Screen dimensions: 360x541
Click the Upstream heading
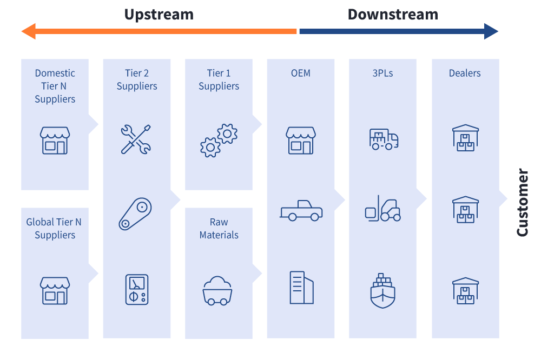(x=159, y=15)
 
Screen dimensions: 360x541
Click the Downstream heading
(x=393, y=15)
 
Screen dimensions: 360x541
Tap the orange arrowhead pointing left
(x=28, y=31)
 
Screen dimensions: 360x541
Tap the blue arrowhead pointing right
(x=491, y=31)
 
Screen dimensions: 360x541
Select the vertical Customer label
(x=522, y=203)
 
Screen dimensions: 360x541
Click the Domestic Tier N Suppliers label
(x=55, y=86)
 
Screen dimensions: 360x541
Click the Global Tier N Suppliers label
(x=55, y=229)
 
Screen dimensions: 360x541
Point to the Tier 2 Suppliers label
(x=137, y=79)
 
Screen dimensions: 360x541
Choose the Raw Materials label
(x=219, y=229)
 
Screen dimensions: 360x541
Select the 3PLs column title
(x=382, y=73)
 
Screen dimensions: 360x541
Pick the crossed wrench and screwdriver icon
(x=135, y=139)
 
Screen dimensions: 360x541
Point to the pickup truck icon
(x=301, y=211)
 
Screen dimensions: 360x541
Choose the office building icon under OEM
(x=301, y=287)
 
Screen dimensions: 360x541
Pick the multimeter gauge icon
(x=136, y=289)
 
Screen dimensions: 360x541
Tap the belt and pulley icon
(x=135, y=214)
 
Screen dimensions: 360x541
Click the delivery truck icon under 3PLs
(x=384, y=139)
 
